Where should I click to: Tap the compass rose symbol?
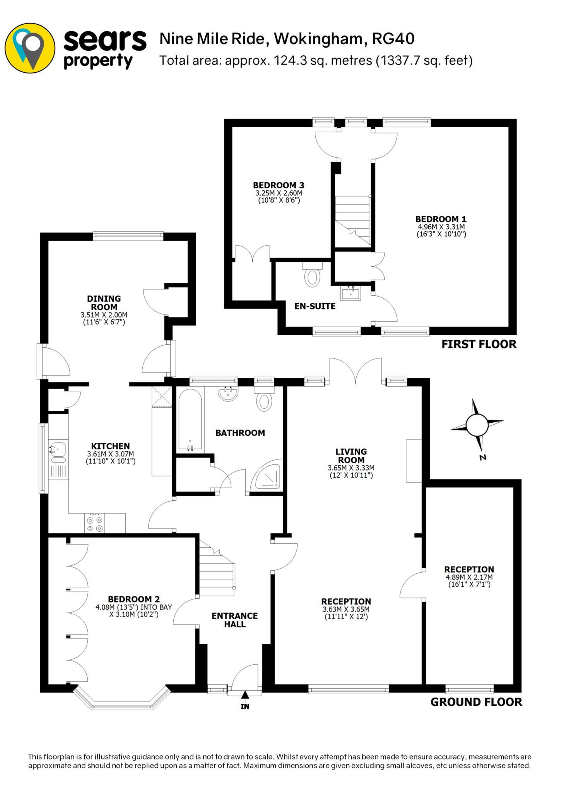point(477,425)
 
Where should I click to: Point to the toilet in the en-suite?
point(312,276)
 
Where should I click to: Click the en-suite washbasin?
point(351,294)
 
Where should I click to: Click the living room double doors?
point(355,371)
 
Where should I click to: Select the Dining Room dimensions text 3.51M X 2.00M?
point(104,315)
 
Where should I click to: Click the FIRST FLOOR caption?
point(479,344)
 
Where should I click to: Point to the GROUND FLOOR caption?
point(476,702)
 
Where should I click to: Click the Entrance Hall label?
point(234,620)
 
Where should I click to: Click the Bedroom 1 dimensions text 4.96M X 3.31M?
point(441,227)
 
